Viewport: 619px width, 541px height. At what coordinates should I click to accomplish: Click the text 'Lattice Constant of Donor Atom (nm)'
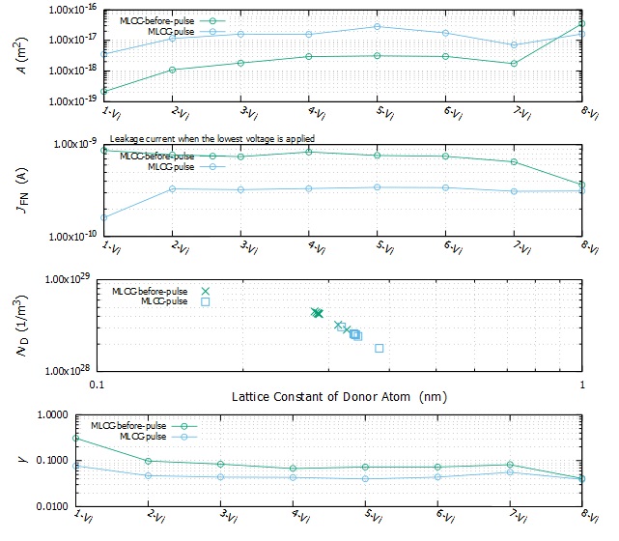(338, 397)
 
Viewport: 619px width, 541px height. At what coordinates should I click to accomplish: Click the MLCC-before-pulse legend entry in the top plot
(160, 20)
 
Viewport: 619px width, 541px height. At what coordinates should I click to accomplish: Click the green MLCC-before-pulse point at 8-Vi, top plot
(581, 23)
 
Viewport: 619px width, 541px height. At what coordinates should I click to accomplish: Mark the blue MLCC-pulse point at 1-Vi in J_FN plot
(103, 217)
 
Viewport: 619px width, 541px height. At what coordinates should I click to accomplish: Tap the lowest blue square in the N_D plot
(380, 348)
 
